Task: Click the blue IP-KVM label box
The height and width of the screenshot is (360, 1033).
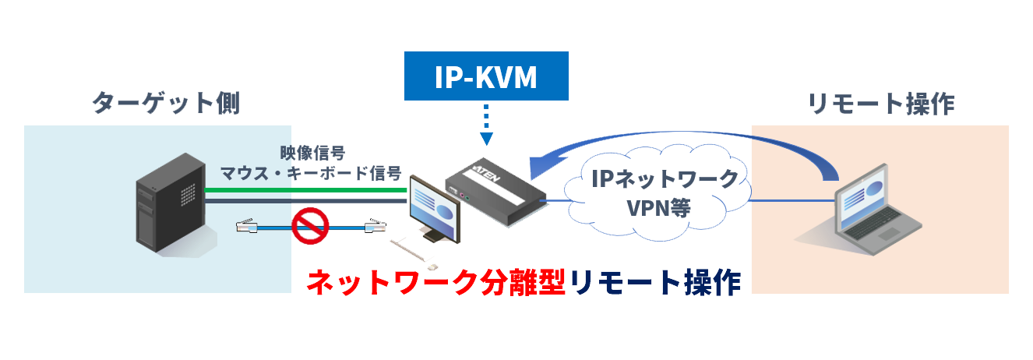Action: (487, 76)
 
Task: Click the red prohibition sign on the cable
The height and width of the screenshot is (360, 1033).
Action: (310, 227)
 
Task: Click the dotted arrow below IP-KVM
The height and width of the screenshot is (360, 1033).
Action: (487, 125)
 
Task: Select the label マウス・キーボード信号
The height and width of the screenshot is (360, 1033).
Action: (311, 171)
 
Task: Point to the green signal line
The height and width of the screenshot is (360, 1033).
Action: (304, 189)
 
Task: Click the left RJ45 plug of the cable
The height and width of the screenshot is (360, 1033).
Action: (248, 227)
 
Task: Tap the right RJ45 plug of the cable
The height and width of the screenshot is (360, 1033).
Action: (374, 227)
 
